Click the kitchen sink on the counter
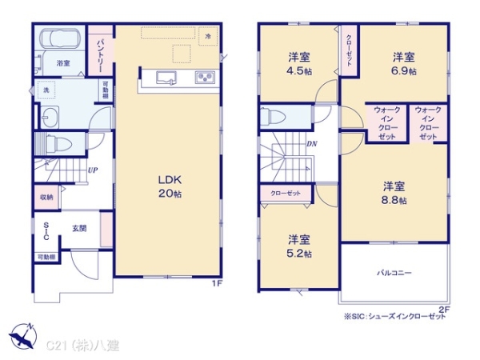(x=167, y=78)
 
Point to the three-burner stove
(x=204, y=78)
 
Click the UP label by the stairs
(x=93, y=170)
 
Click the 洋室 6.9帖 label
(x=403, y=63)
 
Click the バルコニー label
(x=394, y=273)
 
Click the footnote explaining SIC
(x=395, y=318)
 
